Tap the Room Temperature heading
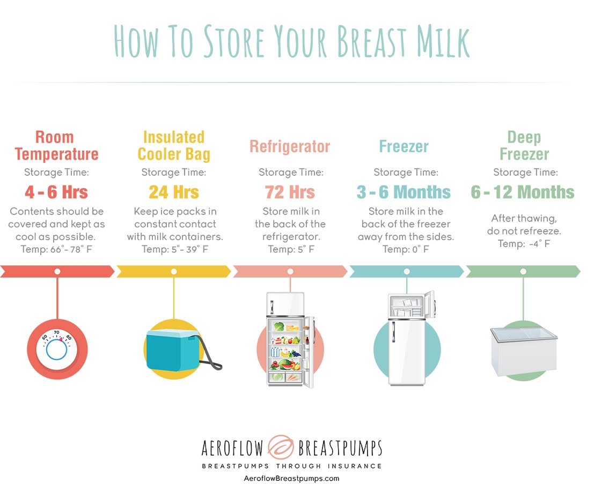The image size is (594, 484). (56, 146)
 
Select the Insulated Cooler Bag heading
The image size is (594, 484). (174, 146)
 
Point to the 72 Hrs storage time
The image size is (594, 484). (290, 192)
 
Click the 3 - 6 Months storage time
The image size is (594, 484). (404, 192)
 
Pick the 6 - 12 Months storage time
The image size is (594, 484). (523, 192)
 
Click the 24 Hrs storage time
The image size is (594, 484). (174, 192)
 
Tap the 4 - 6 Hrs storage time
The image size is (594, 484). (56, 192)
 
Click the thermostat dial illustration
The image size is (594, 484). (57, 348)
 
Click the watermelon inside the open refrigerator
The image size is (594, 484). (285, 364)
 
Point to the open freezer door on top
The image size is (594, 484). (430, 304)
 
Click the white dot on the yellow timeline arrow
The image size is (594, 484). (174, 271)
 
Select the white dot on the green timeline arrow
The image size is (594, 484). (523, 271)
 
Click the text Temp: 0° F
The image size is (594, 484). (406, 249)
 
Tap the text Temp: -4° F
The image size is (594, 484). (524, 243)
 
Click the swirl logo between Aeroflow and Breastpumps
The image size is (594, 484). (281, 447)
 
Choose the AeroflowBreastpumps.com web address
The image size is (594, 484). (292, 478)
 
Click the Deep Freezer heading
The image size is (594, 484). (524, 146)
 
